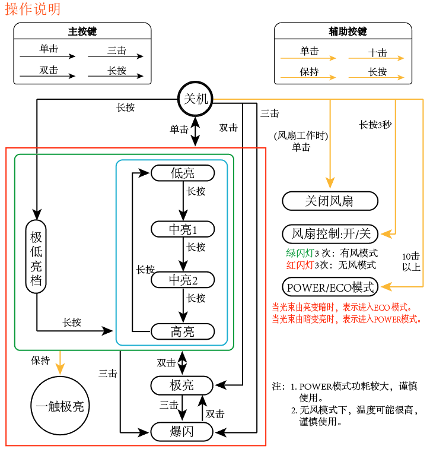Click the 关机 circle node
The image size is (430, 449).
pyautogui.click(x=196, y=99)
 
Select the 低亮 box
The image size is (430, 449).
pyautogui.click(x=183, y=173)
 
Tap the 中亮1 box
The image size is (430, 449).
pyautogui.click(x=183, y=229)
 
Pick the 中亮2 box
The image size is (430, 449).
pyautogui.click(x=183, y=280)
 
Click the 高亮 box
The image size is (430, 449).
pyautogui.click(x=183, y=331)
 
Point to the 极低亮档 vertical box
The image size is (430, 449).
pyautogui.click(x=36, y=257)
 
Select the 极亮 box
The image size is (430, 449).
pyautogui.click(x=182, y=385)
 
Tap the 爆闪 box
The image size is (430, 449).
pyautogui.click(x=182, y=432)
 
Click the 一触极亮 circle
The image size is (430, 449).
pyautogui.click(x=60, y=406)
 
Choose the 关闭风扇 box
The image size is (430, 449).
pyautogui.click(x=330, y=201)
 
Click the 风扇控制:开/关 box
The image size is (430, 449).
pyautogui.click(x=330, y=234)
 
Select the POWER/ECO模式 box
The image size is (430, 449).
pyautogui.click(x=330, y=287)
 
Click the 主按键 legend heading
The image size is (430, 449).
pyautogui.click(x=82, y=31)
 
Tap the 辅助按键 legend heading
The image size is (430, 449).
pyautogui.click(x=348, y=31)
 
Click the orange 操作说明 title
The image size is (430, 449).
pyautogui.click(x=33, y=9)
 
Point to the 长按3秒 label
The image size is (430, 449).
pyautogui.click(x=375, y=125)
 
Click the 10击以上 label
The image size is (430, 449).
pyautogui.click(x=411, y=261)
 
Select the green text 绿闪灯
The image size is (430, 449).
pyautogui.click(x=300, y=253)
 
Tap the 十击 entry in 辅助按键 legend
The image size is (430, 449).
pyautogui.click(x=377, y=53)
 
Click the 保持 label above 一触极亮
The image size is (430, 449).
pyautogui.click(x=40, y=361)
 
